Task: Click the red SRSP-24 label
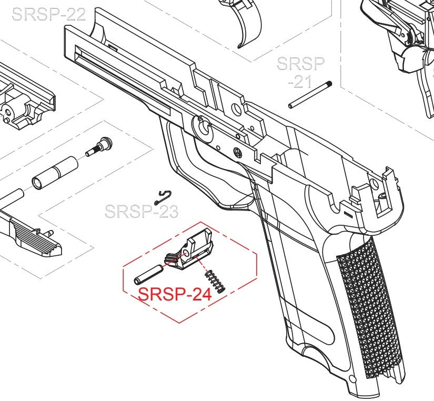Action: [x=175, y=294]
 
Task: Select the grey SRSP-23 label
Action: [x=142, y=212]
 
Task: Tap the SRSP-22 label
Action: [x=48, y=14]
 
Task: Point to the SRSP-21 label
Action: [x=301, y=73]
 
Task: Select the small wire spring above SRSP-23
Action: [x=163, y=197]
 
